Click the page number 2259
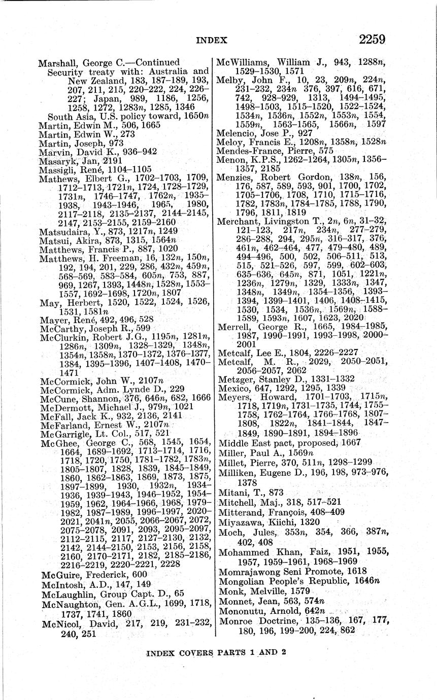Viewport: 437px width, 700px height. (x=372, y=39)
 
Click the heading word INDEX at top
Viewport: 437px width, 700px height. (x=212, y=40)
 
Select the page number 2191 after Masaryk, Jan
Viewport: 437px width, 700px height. (x=112, y=161)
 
